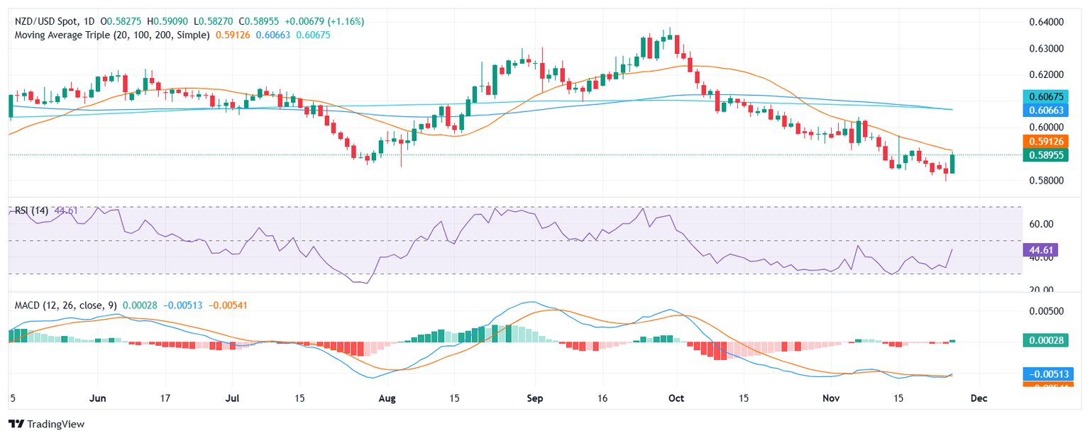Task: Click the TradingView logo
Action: tap(46, 424)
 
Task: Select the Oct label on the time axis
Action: tap(676, 398)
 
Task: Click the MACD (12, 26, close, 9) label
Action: tap(64, 305)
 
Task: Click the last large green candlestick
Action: tap(952, 164)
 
